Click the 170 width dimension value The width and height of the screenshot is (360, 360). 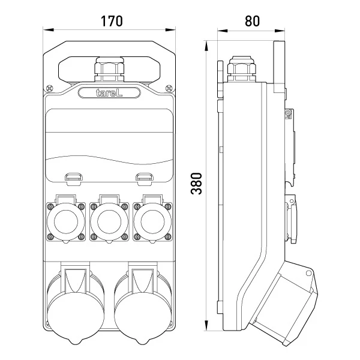pyautogui.click(x=111, y=20)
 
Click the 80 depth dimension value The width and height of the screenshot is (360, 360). pyautogui.click(x=252, y=20)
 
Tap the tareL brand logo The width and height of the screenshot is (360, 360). pyautogui.click(x=109, y=92)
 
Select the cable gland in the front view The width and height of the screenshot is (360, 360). pyautogui.click(x=109, y=70)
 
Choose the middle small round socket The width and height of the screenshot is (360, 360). pyautogui.click(x=109, y=220)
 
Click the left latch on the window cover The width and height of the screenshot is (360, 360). pyautogui.click(x=73, y=176)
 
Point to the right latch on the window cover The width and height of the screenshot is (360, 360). pyautogui.click(x=143, y=176)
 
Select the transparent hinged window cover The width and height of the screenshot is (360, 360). pyautogui.click(x=109, y=144)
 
